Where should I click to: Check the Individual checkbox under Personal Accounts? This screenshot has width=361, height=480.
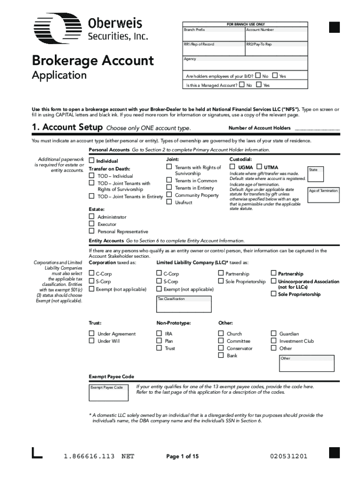(x=92, y=161)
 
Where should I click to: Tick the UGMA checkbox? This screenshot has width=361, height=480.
(x=232, y=167)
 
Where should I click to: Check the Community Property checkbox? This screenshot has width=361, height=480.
(x=169, y=195)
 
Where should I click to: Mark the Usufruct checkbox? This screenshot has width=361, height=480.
(x=169, y=202)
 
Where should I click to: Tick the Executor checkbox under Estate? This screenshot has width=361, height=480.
(x=92, y=224)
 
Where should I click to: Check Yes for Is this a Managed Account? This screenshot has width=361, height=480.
(x=259, y=85)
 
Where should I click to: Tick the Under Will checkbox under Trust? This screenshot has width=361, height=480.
(x=92, y=341)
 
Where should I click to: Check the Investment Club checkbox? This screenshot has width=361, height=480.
(x=274, y=341)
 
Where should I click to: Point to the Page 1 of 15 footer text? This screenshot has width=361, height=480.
(x=183, y=456)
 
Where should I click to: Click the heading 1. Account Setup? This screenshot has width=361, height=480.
(x=67, y=128)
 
